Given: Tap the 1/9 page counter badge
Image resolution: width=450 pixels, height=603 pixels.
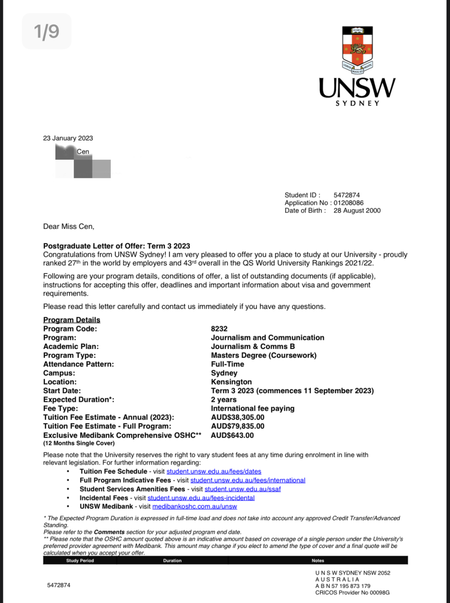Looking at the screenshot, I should point(47,31).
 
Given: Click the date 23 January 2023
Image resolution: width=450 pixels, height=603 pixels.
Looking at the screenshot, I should point(68,138).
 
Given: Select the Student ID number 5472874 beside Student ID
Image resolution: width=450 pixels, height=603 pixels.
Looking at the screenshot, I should point(347,195).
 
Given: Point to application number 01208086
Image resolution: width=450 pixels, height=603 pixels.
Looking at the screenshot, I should point(348,203).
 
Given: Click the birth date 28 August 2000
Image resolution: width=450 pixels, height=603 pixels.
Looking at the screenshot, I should point(357,211).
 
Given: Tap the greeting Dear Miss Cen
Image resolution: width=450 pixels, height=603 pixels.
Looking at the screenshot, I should point(69,226).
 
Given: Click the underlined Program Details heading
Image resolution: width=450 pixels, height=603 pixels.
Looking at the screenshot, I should point(72,320).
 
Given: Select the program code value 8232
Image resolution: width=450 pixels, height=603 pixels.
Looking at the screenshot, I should point(219,329).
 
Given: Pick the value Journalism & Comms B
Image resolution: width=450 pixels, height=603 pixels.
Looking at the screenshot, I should point(253,347).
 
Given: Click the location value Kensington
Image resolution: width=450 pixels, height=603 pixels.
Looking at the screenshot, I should point(231,382).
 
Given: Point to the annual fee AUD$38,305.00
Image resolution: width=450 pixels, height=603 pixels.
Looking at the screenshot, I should point(237,417).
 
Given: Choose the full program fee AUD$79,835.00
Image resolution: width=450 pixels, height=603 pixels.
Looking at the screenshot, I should point(237,426).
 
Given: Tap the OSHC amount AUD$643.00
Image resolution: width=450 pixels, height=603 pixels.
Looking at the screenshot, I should point(232,435).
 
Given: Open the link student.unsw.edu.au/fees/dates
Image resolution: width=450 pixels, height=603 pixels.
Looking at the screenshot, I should point(214,472).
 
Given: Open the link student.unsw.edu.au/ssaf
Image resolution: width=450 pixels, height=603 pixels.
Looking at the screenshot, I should point(242,489).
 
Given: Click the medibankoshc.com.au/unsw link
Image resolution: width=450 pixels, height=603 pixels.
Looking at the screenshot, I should point(195,507).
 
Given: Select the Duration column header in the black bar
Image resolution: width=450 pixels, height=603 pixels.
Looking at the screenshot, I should point(172,561).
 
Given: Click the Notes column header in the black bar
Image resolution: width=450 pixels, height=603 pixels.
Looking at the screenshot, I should point(317,561).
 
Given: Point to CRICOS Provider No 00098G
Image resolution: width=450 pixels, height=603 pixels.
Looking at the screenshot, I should point(352,593).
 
